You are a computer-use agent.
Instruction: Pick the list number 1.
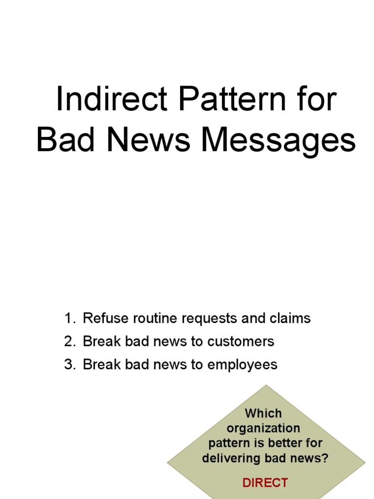(x=70, y=319)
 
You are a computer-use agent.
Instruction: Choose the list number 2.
(x=70, y=342)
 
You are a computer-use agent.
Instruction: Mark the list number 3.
(x=70, y=365)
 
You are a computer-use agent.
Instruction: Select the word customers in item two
(x=241, y=342)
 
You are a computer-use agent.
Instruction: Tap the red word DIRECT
(x=265, y=483)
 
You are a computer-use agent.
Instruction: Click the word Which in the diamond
(x=263, y=413)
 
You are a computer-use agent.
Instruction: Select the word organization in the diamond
(x=263, y=428)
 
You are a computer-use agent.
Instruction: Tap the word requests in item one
(x=208, y=319)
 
